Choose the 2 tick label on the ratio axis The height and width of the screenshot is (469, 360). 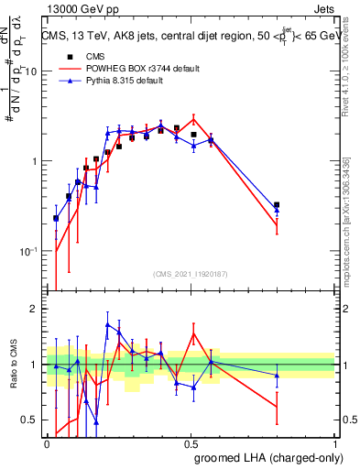[x=34, y=309]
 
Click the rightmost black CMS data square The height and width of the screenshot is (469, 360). [x=277, y=205]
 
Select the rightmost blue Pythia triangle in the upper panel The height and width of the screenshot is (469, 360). [x=277, y=211]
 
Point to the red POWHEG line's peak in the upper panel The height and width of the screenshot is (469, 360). [x=193, y=117]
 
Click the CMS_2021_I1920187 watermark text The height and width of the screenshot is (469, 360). [x=191, y=273]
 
